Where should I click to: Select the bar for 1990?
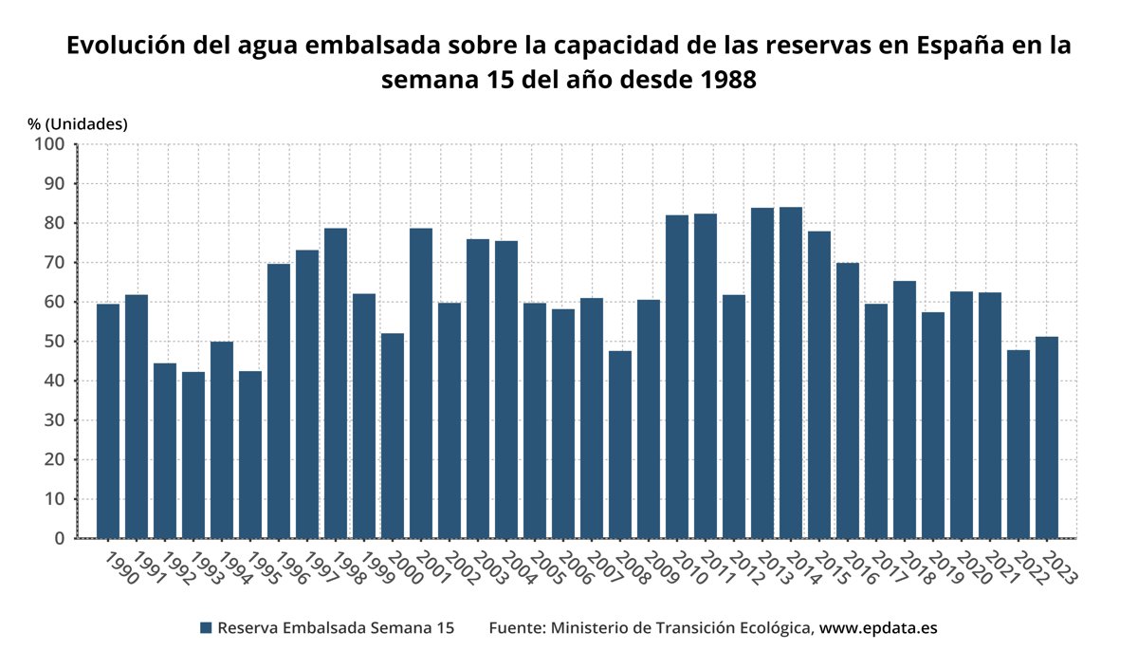108,421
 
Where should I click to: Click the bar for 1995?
250,455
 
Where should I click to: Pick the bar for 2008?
620,444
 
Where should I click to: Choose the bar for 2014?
791,373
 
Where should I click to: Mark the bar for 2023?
1047,437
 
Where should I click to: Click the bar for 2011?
706,376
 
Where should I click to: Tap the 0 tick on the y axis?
59,539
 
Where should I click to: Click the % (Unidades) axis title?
78,123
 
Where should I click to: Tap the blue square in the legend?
206,628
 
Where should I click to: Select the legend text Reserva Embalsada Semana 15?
336,628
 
